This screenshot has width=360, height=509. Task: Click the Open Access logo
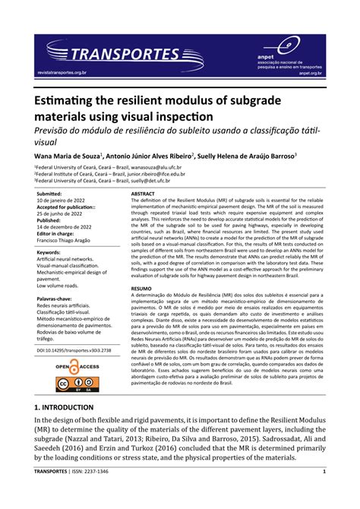pos(77,368)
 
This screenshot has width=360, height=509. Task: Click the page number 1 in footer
pos(324,492)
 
